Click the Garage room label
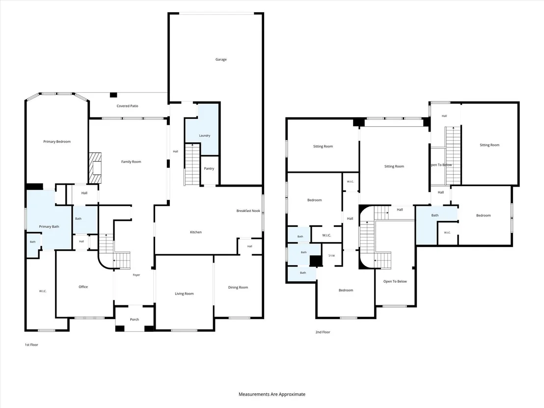(221, 60)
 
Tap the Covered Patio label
(127, 106)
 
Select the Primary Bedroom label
(57, 141)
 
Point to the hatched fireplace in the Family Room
(95, 168)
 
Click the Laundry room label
(205, 136)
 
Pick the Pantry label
(209, 168)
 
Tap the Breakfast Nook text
(248, 211)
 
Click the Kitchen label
(196, 232)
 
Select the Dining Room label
(238, 287)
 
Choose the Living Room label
(184, 294)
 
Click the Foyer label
(136, 275)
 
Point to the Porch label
(135, 320)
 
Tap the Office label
(83, 287)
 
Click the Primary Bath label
(49, 226)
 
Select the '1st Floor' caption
(31, 345)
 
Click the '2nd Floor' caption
(323, 332)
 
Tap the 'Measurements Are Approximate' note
(272, 394)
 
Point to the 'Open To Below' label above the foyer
(395, 281)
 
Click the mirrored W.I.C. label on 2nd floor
(331, 256)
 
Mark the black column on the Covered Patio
(113, 95)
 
